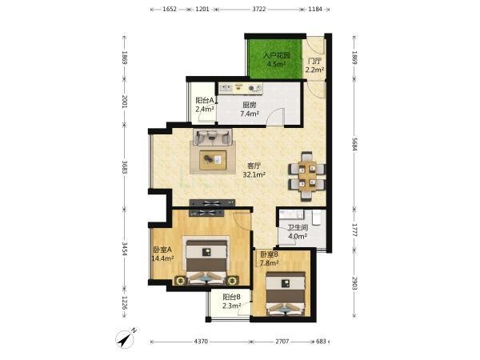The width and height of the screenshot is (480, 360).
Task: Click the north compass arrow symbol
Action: (126, 339)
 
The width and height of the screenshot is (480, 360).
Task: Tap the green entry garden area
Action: (275, 58)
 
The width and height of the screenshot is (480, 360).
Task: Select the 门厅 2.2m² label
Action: (314, 66)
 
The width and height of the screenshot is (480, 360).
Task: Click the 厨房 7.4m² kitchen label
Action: (250, 110)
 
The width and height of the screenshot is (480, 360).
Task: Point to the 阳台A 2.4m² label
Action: (205, 105)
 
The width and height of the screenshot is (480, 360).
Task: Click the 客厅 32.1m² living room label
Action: (254, 170)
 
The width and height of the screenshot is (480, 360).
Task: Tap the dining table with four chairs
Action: (306, 176)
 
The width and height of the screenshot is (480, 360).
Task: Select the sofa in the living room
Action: (213, 137)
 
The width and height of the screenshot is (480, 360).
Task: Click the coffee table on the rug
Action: (213, 160)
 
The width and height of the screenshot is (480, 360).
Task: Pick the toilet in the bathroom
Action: (316, 218)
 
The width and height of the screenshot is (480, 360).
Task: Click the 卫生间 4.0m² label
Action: (298, 232)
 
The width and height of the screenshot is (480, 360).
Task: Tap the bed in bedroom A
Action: (207, 261)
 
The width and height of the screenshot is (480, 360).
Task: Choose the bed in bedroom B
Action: (286, 294)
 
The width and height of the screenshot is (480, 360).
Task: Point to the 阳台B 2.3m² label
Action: (231, 302)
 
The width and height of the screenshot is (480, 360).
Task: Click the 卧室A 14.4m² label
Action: (162, 254)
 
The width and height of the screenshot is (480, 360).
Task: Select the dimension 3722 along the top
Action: (258, 9)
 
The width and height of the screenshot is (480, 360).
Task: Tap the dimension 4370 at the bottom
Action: (201, 342)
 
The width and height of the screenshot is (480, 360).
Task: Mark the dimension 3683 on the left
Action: (125, 167)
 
